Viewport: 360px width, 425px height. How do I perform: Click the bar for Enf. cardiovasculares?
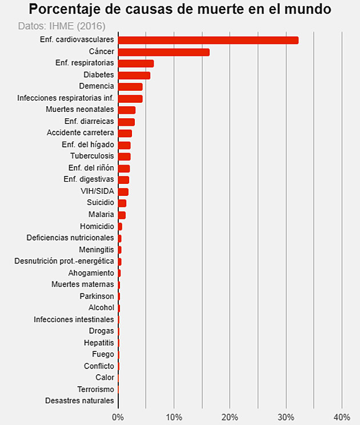(x=208, y=40)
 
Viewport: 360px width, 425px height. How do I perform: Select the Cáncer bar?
(x=163, y=52)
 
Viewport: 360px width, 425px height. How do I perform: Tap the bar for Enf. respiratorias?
(x=135, y=63)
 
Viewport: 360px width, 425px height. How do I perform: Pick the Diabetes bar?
(x=134, y=75)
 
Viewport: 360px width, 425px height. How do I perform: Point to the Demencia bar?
(x=130, y=87)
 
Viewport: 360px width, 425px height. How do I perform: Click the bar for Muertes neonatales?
(x=126, y=110)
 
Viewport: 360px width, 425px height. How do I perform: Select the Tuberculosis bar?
(x=124, y=157)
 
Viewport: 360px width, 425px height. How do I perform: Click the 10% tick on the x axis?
(x=174, y=417)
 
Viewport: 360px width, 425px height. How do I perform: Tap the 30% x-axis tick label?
(x=286, y=417)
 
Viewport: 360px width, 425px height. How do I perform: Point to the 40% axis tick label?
(x=342, y=417)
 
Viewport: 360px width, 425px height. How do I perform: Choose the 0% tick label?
(x=118, y=417)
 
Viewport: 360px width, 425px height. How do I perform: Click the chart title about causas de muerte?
(x=180, y=10)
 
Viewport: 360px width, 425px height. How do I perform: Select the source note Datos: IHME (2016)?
(x=62, y=26)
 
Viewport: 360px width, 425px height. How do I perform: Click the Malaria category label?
(x=101, y=215)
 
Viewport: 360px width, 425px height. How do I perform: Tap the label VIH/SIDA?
(x=97, y=191)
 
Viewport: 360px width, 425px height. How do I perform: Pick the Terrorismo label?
(x=95, y=389)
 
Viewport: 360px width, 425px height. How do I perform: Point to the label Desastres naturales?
(x=79, y=401)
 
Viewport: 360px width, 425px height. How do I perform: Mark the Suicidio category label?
(x=100, y=203)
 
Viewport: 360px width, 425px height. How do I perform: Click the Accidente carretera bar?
(x=125, y=133)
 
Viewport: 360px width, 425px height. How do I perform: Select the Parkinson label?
(x=97, y=296)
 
